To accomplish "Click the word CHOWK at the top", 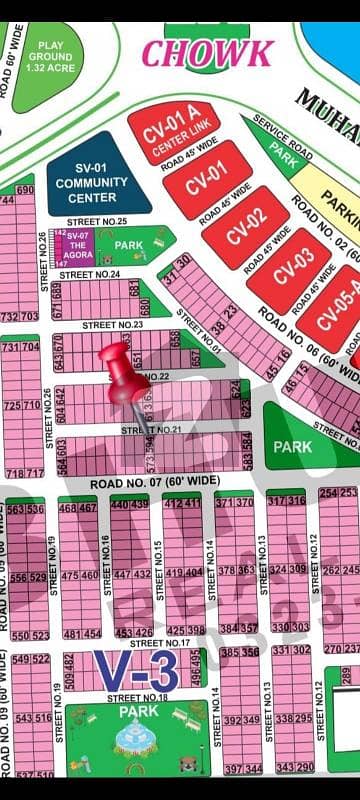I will (x=207, y=52).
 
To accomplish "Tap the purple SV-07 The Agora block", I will (x=77, y=246).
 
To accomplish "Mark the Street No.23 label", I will (x=112, y=324).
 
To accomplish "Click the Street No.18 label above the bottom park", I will (x=138, y=697).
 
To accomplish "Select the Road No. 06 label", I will (x=300, y=340).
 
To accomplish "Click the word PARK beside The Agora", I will (x=130, y=244).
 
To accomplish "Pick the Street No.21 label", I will (x=150, y=429).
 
